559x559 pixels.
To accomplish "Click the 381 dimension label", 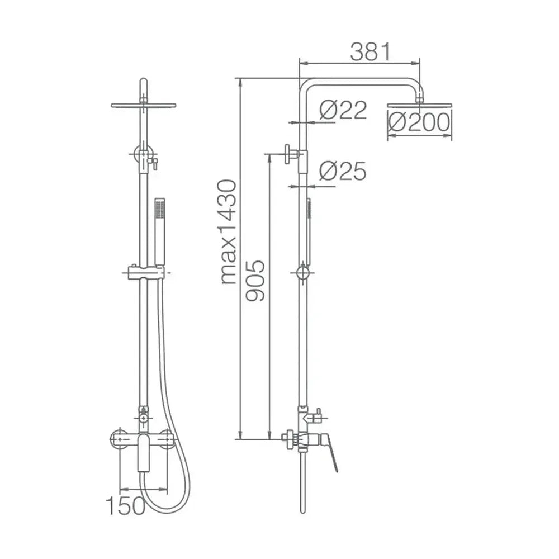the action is tap(371, 51).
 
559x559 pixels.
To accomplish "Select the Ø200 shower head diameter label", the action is tap(419, 122).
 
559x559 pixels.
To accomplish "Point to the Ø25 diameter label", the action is tap(343, 170).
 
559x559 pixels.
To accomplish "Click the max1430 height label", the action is tap(229, 232).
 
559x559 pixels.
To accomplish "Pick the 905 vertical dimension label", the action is tap(255, 281).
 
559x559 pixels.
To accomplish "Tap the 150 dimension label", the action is tap(125, 505).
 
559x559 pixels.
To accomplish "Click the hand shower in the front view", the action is tap(160, 232).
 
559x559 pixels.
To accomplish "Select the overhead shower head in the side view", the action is tap(420, 106).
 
